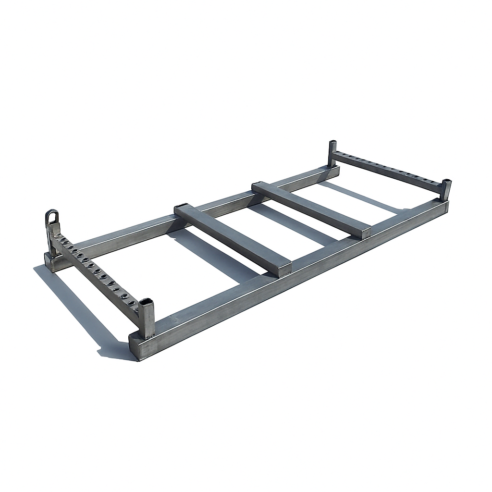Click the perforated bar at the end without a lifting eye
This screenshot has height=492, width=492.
coord(389,170)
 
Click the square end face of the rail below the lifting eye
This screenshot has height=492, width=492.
coord(49,262)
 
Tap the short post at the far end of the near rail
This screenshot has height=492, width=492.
coord(446,189)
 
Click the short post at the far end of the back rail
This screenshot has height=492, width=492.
coord(332,153)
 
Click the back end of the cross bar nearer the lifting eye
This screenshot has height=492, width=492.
coord(183,208)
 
